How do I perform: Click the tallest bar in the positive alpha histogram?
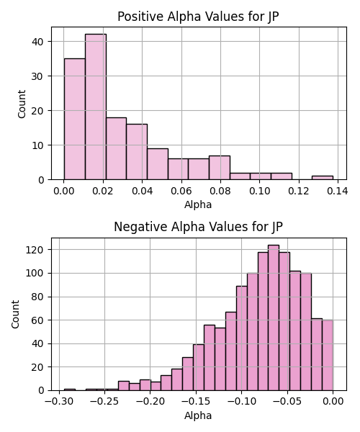pos(96,107)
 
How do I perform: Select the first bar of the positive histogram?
pos(75,119)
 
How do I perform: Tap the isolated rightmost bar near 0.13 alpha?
pos(323,178)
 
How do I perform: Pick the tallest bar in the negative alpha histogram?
pos(274,318)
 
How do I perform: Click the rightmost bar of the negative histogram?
pos(328,355)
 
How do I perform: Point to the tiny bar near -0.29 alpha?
pos(70,390)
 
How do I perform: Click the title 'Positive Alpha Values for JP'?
pos(198,17)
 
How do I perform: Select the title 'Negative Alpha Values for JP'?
pos(198,227)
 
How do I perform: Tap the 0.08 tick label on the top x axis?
pos(220,191)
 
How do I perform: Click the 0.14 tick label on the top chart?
pos(338,191)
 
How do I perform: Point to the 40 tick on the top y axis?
pos(37,42)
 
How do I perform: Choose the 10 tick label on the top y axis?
pos(37,145)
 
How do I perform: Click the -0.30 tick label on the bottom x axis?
pos(59,402)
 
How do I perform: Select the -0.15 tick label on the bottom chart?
pos(196,402)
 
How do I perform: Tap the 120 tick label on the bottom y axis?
pos(35,250)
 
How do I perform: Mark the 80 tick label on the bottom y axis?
pos(37,297)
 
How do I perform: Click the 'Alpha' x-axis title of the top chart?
pos(198,204)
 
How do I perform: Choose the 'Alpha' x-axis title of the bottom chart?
pos(198,415)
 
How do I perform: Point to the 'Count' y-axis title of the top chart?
pos(22,104)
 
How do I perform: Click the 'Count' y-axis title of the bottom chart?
pos(15,315)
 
